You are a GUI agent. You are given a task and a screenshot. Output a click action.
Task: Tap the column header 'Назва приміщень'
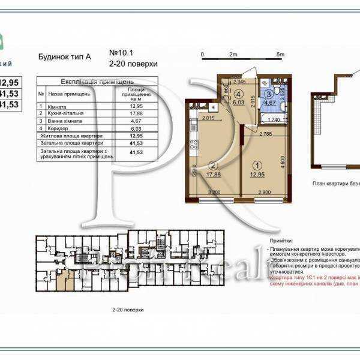pos(69,94)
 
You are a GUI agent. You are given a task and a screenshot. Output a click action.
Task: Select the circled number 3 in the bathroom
pos(269,94)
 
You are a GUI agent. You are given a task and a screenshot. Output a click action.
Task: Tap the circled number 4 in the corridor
pos(238,94)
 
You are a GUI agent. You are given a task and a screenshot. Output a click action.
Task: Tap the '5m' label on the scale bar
pos(280,54)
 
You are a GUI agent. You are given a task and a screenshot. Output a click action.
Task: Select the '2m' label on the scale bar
pos(233,54)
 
